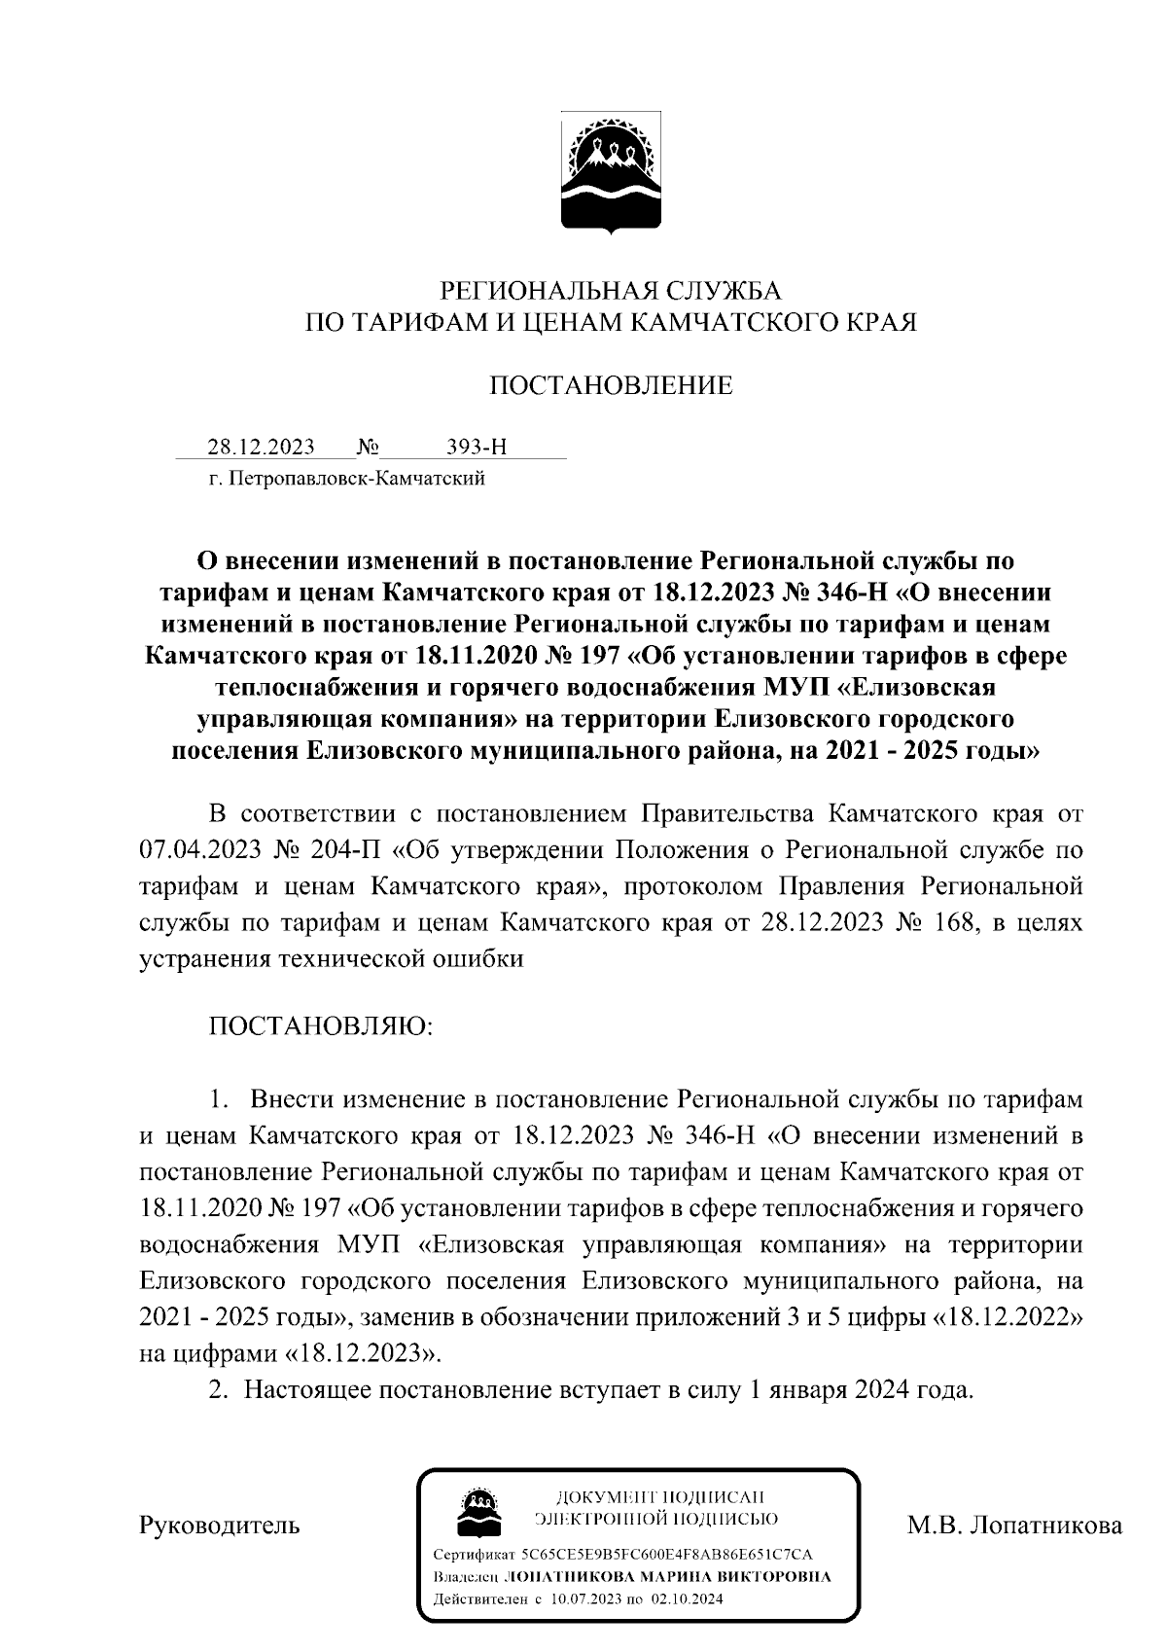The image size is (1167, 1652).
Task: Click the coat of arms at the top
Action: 611,173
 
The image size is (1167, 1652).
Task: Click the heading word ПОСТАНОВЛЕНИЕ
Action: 610,386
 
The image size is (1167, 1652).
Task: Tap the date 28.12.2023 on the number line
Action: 261,447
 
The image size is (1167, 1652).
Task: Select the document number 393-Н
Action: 476,447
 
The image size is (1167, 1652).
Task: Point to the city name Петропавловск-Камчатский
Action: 355,479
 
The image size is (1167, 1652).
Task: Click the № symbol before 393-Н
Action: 368,447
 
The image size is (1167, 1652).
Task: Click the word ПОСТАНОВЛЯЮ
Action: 317,1026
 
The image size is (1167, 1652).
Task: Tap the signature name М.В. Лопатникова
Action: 1014,1524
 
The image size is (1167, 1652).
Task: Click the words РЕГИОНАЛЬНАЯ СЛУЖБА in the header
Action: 611,291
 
